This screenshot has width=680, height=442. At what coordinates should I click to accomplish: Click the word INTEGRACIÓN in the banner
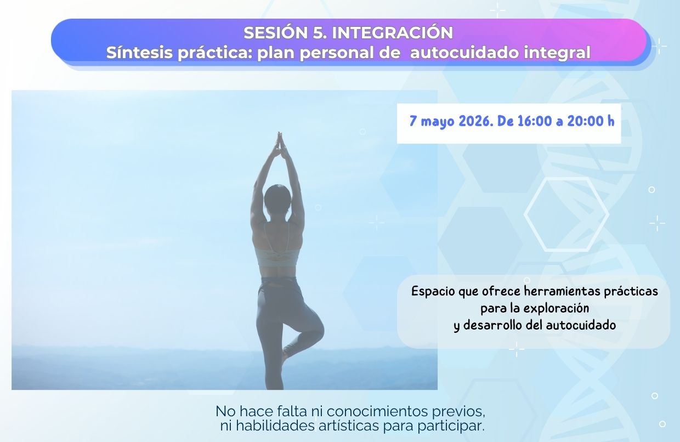click(393, 32)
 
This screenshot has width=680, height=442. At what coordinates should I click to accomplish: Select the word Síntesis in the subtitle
click(140, 52)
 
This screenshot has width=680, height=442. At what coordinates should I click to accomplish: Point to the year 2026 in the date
click(475, 121)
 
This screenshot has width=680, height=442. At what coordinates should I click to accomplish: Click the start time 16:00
click(535, 121)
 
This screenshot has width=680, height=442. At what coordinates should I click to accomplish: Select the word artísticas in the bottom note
click(349, 426)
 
